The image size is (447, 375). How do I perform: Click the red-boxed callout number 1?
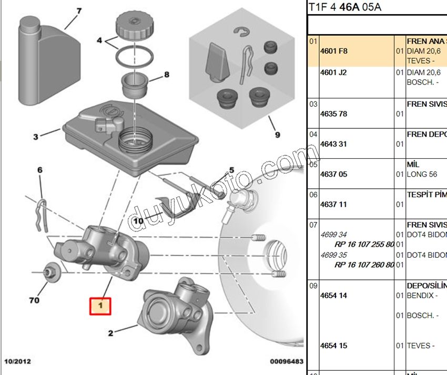100,305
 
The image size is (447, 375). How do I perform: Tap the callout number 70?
34,301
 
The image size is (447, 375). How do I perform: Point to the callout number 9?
277,135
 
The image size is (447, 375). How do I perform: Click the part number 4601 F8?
334,51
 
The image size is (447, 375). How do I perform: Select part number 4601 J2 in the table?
333,73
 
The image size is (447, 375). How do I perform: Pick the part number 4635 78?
333,114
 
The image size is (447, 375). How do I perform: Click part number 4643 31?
333,144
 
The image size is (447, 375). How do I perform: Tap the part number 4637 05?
333,174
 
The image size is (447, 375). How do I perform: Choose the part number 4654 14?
333,296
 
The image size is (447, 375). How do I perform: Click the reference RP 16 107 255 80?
364,245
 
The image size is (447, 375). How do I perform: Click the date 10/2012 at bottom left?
18,362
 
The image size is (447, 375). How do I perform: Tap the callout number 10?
138,221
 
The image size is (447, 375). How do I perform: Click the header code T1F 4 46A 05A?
345,7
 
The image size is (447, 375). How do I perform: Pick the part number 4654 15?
333,346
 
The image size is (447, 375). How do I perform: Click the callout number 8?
166,74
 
